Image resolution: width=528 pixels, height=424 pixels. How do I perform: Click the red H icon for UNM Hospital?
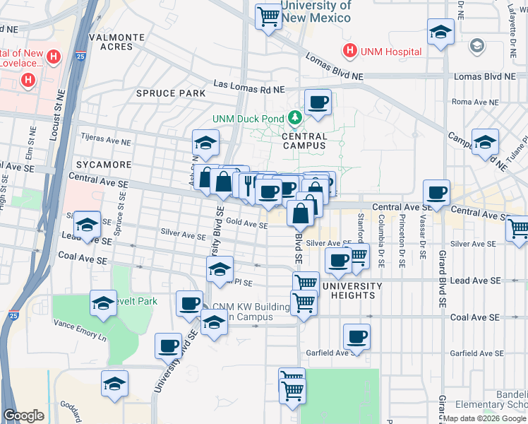click(x=349, y=51)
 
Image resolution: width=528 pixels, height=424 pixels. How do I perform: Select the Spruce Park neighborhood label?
click(x=171, y=93)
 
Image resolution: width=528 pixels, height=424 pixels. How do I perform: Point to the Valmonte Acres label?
click(x=117, y=41)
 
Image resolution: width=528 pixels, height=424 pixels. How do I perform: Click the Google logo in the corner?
click(x=23, y=416)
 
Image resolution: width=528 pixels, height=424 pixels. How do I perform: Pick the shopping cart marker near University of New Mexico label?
click(x=268, y=15)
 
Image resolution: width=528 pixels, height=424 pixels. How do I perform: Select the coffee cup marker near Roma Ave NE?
click(x=318, y=102)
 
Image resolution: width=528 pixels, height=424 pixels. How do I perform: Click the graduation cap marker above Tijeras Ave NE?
click(x=205, y=143)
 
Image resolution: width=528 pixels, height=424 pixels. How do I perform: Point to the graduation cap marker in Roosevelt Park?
click(x=104, y=304)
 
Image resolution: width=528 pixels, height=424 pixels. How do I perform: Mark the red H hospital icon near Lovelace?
click(x=28, y=81)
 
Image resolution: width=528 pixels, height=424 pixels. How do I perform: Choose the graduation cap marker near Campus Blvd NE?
click(x=485, y=141)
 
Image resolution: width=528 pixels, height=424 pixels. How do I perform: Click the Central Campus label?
click(x=304, y=141)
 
